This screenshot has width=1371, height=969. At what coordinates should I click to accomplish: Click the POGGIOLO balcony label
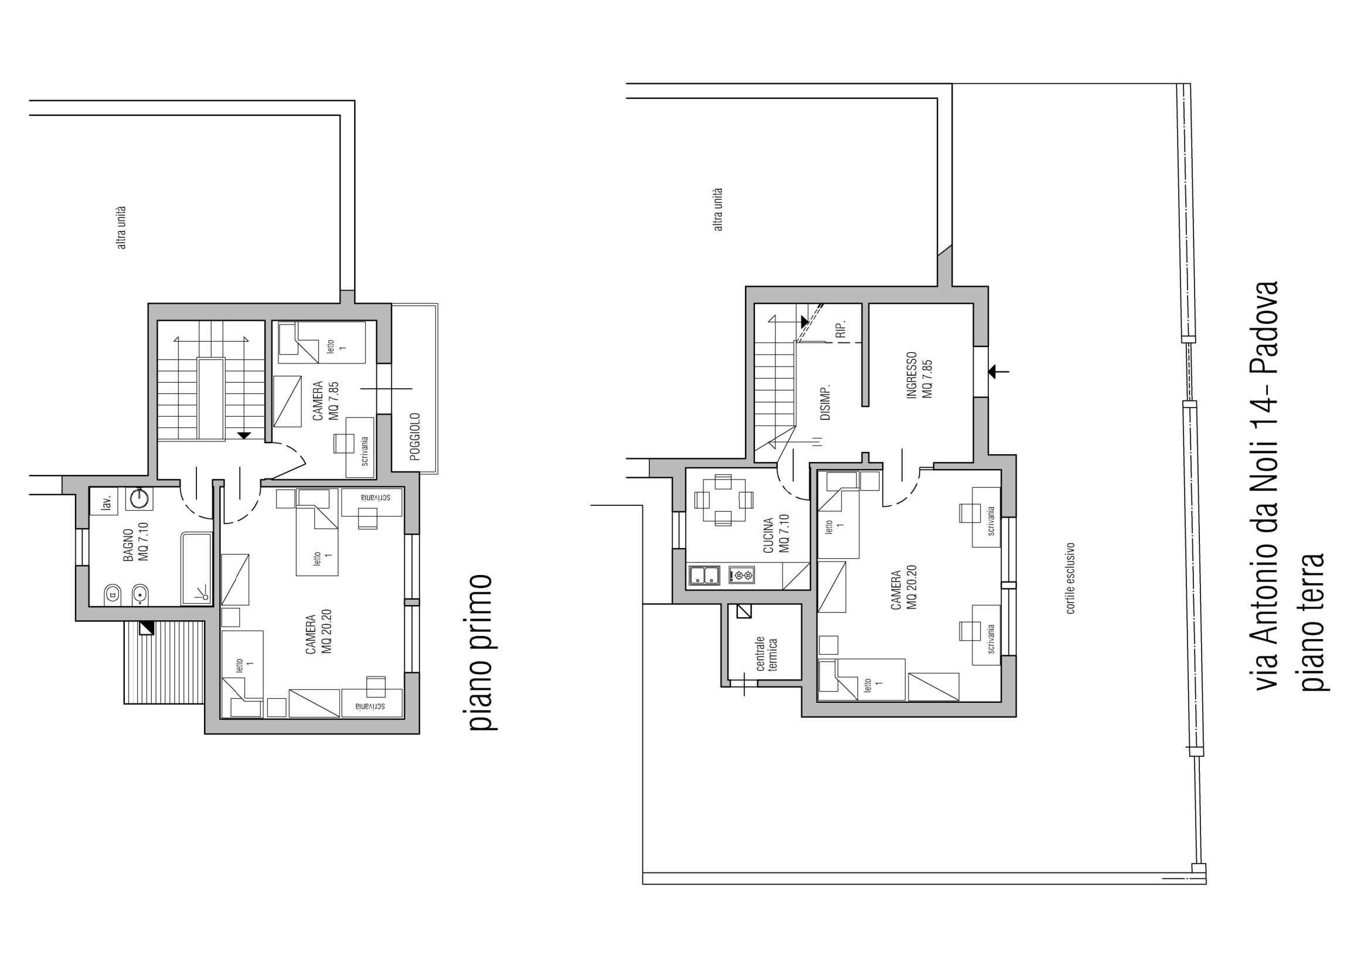(x=416, y=437)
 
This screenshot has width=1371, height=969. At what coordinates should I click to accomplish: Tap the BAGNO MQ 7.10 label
(x=136, y=542)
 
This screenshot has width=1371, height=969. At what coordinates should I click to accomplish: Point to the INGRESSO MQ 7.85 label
(x=920, y=375)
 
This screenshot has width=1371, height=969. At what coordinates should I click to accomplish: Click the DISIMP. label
(x=826, y=402)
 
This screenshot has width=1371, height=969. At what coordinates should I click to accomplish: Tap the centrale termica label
(x=767, y=654)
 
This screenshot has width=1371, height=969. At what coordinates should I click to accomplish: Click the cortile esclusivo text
(x=1071, y=578)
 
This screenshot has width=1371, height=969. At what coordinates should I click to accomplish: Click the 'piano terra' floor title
(x=1312, y=623)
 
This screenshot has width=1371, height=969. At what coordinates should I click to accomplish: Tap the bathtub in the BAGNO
(x=196, y=568)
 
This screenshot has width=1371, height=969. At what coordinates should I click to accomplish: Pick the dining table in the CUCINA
(x=723, y=499)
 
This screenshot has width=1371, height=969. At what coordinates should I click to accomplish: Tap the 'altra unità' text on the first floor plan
(x=121, y=227)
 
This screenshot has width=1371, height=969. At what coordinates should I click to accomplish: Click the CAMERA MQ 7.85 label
(x=325, y=400)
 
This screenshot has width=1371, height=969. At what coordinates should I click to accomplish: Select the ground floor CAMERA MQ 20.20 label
(x=903, y=590)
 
